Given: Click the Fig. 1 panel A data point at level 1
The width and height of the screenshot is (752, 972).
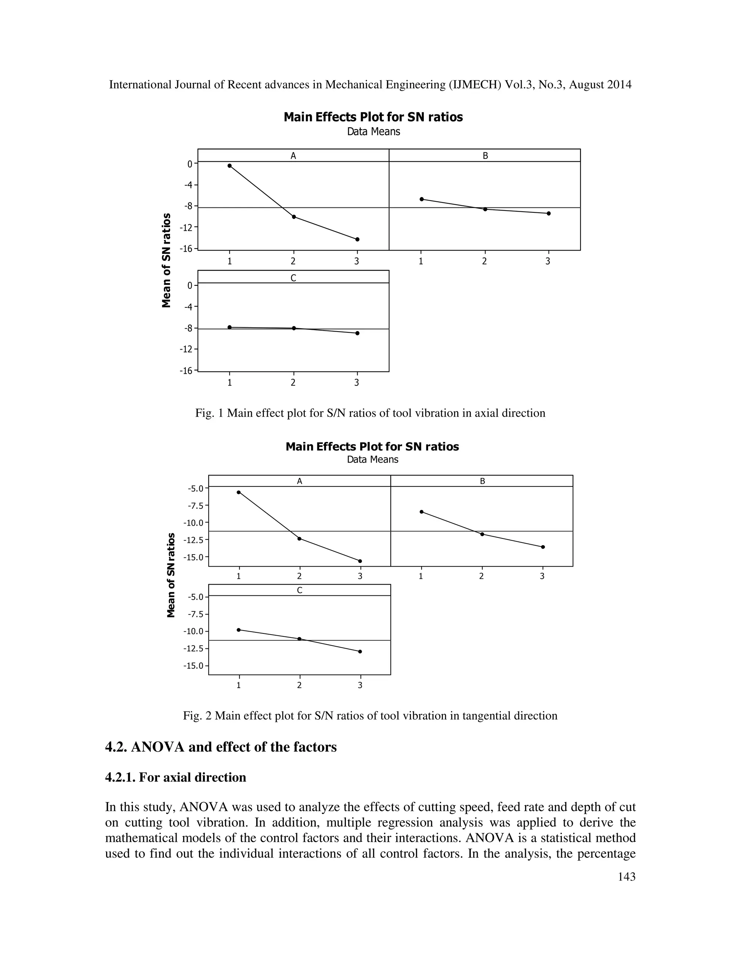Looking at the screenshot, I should (229, 165).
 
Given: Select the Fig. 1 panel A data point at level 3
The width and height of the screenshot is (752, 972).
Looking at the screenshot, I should (357, 240).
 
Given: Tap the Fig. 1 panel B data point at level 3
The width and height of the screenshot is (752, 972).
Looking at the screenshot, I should (549, 213).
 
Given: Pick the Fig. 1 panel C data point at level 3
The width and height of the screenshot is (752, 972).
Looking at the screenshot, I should (357, 333).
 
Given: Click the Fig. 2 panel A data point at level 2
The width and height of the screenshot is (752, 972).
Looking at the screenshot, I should (299, 538).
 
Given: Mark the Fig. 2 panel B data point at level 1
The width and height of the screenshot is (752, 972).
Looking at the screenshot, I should (422, 512).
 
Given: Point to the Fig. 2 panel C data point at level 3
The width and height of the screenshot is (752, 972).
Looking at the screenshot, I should (360, 651).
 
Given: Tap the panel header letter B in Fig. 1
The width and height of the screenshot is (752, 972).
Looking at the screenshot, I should (485, 156).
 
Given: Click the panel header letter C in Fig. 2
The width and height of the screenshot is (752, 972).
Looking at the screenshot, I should (299, 590).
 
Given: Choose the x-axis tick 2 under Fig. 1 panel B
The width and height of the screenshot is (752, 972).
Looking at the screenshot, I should (484, 262).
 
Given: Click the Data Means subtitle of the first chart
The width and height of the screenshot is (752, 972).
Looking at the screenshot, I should (373, 132).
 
